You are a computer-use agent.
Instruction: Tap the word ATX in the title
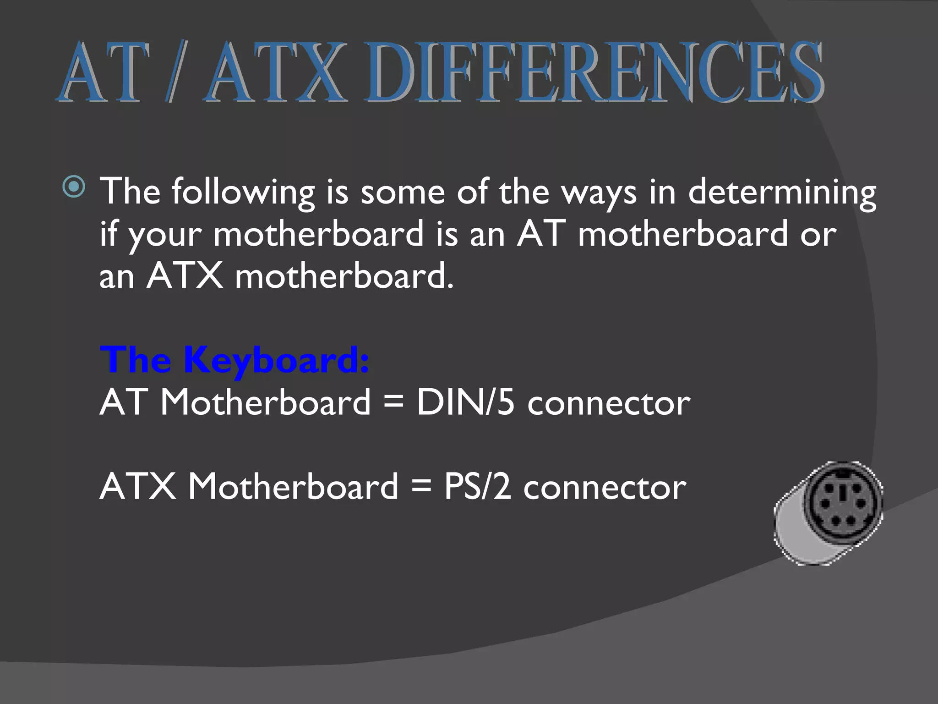point(277,72)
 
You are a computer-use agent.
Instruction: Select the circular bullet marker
point(74,187)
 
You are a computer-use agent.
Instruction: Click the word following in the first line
point(243,192)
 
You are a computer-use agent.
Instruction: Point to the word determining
point(782,192)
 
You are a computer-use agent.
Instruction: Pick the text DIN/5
point(465,402)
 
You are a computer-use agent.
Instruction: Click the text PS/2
point(477,486)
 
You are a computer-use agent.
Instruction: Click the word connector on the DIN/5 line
point(609,403)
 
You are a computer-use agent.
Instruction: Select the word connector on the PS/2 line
point(605,488)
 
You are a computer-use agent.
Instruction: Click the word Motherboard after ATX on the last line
point(293,486)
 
